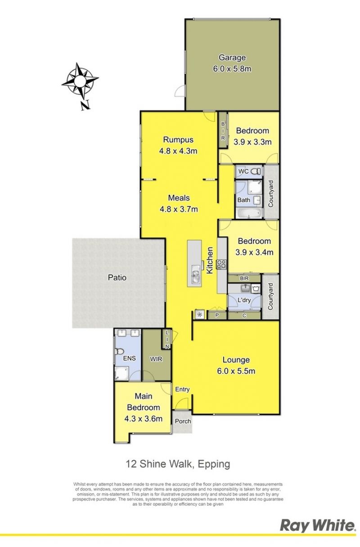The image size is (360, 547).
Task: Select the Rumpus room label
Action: (178, 139)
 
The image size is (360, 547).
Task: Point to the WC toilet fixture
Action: (256, 172)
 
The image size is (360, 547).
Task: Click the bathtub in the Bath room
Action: (248, 213)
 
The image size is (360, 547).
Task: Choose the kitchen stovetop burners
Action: (222, 264)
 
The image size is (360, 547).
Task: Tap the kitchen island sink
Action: (196, 275)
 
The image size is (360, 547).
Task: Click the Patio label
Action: (117, 278)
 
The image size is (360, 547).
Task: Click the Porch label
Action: (183, 421)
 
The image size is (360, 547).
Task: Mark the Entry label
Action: (182, 389)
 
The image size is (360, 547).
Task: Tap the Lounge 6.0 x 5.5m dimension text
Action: (236, 371)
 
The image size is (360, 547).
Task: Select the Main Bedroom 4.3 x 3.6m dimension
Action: (143, 419)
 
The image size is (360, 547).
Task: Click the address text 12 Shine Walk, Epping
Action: (178, 463)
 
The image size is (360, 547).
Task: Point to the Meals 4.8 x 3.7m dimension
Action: (179, 209)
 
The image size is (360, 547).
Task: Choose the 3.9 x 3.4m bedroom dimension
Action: (254, 253)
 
